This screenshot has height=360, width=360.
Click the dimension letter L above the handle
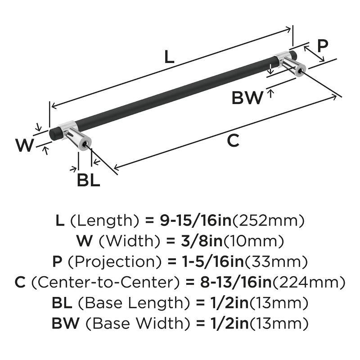(x=168, y=57)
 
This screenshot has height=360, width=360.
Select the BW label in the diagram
(x=247, y=98)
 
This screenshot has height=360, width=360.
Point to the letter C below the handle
(x=232, y=141)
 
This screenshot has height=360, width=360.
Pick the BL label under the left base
(x=88, y=180)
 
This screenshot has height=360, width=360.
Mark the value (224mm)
(x=312, y=282)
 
